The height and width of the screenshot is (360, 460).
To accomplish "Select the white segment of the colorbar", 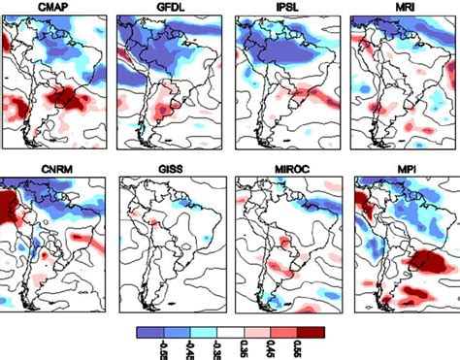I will [x=230, y=331].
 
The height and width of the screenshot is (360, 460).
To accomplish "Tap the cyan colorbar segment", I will [x=203, y=331].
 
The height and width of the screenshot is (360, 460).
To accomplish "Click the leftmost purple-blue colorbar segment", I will [x=149, y=331].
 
